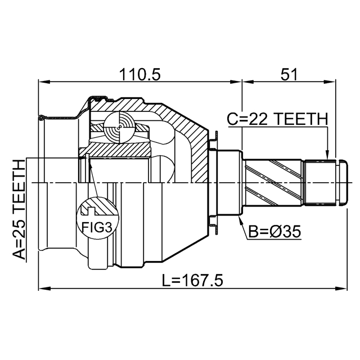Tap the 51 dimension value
click(x=288, y=73)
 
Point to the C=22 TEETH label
click(x=277, y=119)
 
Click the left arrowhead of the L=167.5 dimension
click(x=42, y=289)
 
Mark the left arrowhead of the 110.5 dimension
click(x=42, y=83)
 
